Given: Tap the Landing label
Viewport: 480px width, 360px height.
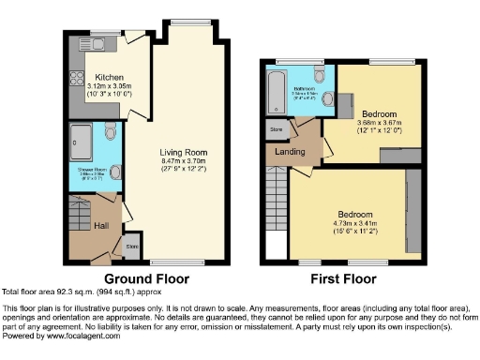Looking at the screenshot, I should click(x=288, y=152).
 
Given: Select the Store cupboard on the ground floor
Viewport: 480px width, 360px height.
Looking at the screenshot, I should click(x=133, y=247).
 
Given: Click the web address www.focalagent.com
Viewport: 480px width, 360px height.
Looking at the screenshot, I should click(x=82, y=336).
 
